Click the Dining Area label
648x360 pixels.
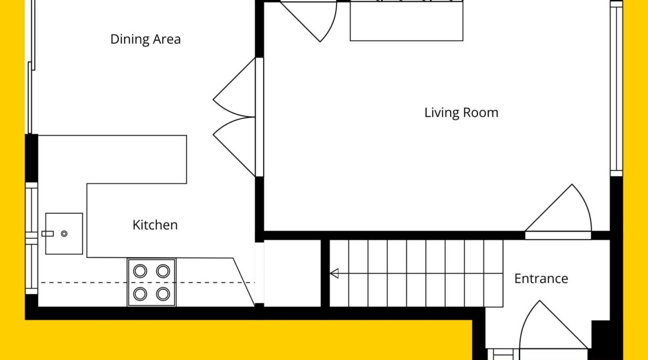pos(146,39)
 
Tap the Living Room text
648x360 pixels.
pos(461,113)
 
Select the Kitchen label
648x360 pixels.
pos(155,225)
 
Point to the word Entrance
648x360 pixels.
pos(541,279)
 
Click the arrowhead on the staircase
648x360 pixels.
pos(335,273)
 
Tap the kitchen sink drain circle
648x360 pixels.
pos(64,234)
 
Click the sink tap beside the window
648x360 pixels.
pos(48,234)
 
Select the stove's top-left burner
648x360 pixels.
pos(140,271)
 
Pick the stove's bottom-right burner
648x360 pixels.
pos(163,294)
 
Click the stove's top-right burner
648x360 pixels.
pos(163,271)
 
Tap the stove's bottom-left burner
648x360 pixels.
pos(140,294)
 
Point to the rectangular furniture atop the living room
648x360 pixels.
pos(407,20)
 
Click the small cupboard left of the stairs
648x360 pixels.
pos(292,273)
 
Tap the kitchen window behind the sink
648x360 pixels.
pos(32,238)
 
